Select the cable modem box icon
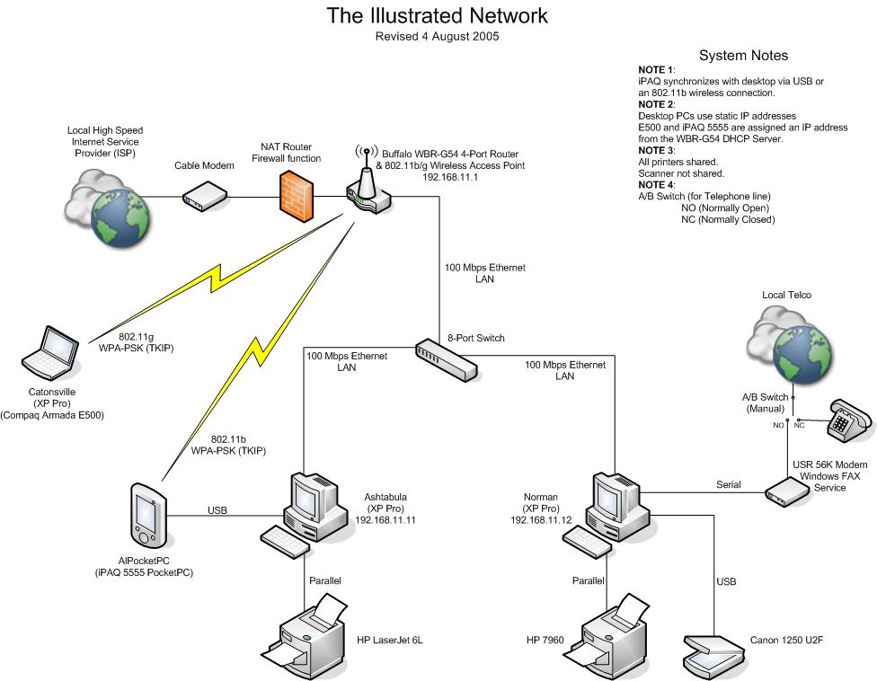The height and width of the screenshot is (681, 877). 204,195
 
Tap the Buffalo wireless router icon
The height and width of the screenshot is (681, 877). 367,189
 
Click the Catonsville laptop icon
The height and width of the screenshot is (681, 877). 49,353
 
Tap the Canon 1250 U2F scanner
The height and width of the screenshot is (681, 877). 711,650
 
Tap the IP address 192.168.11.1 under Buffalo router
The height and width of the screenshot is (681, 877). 449,178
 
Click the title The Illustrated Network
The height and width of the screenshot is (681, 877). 437,16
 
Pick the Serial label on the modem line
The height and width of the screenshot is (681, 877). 729,484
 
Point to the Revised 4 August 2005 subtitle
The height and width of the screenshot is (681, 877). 437,38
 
